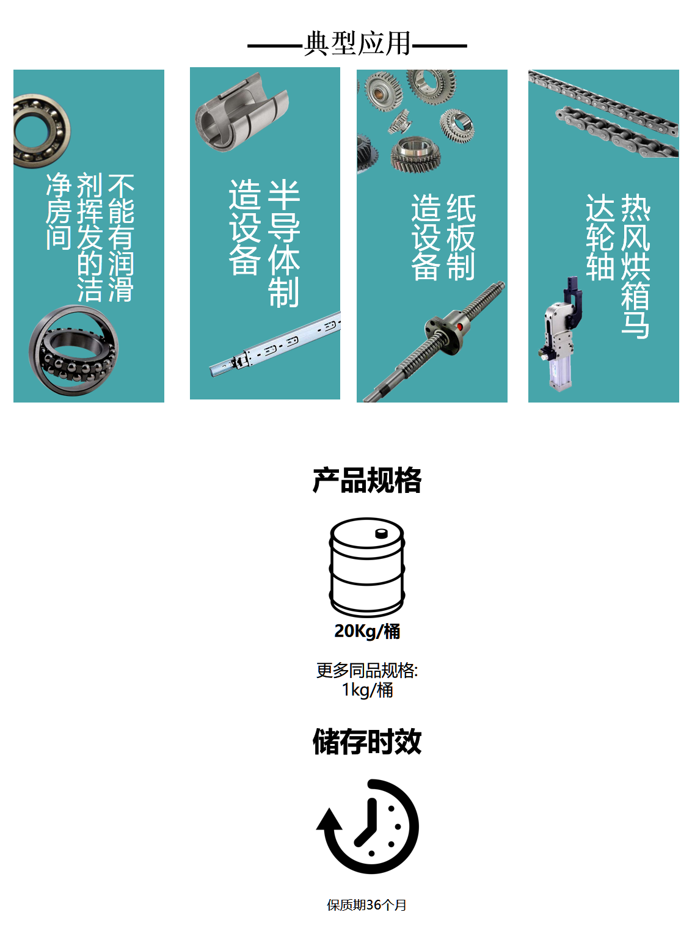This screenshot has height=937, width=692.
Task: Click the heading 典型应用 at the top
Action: (x=357, y=44)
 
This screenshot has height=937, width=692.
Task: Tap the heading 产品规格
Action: (x=367, y=480)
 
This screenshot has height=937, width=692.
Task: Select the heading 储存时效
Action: (x=367, y=742)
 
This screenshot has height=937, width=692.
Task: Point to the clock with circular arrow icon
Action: (x=368, y=826)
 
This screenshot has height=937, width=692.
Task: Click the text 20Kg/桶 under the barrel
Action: (x=367, y=631)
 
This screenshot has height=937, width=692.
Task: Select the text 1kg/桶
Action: (x=367, y=690)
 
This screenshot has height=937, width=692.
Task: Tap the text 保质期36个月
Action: (x=366, y=905)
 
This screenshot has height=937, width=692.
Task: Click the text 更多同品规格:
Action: (x=367, y=670)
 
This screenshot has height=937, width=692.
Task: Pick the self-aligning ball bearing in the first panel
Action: (x=73, y=350)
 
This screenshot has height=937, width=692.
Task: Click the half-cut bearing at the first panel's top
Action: (x=40, y=131)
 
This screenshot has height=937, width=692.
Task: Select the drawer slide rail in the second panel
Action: (x=275, y=346)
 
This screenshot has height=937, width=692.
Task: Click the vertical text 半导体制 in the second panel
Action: (x=284, y=243)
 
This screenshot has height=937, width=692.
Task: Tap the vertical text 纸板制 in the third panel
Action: (x=461, y=237)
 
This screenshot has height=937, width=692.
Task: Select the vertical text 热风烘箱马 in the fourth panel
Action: (x=635, y=266)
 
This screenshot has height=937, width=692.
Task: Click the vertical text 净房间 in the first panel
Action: (x=59, y=211)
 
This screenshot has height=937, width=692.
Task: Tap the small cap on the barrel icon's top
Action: (x=381, y=533)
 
